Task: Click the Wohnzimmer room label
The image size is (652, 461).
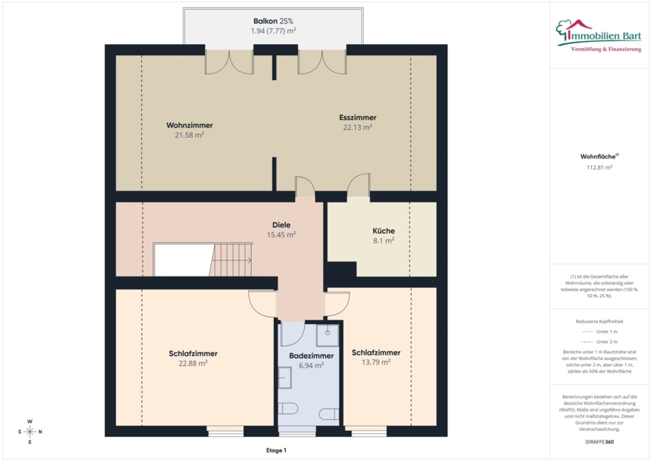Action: point(190,125)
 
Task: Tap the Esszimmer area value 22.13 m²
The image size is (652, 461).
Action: point(357,128)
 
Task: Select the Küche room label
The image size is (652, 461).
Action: point(384,231)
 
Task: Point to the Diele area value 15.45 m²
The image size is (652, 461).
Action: point(281,235)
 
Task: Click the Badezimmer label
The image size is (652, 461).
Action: point(311,355)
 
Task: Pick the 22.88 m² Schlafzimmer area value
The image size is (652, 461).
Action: point(193,364)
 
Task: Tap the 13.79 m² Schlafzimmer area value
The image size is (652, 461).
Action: point(376,362)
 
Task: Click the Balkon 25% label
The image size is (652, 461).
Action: point(273,21)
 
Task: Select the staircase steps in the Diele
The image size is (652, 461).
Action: point(231,260)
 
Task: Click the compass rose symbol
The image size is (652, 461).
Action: point(30,432)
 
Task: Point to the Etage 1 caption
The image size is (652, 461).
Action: point(276,450)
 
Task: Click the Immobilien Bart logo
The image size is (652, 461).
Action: point(599,36)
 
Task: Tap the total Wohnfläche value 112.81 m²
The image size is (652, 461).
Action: point(599,167)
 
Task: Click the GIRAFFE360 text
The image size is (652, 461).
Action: point(599,442)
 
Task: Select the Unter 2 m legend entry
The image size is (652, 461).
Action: point(599,342)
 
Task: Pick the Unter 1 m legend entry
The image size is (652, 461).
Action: point(599,331)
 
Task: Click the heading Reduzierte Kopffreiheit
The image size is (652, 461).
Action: point(599,321)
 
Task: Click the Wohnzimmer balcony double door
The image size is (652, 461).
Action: point(229,62)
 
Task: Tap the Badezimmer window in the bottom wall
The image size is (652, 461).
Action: point(297,431)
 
